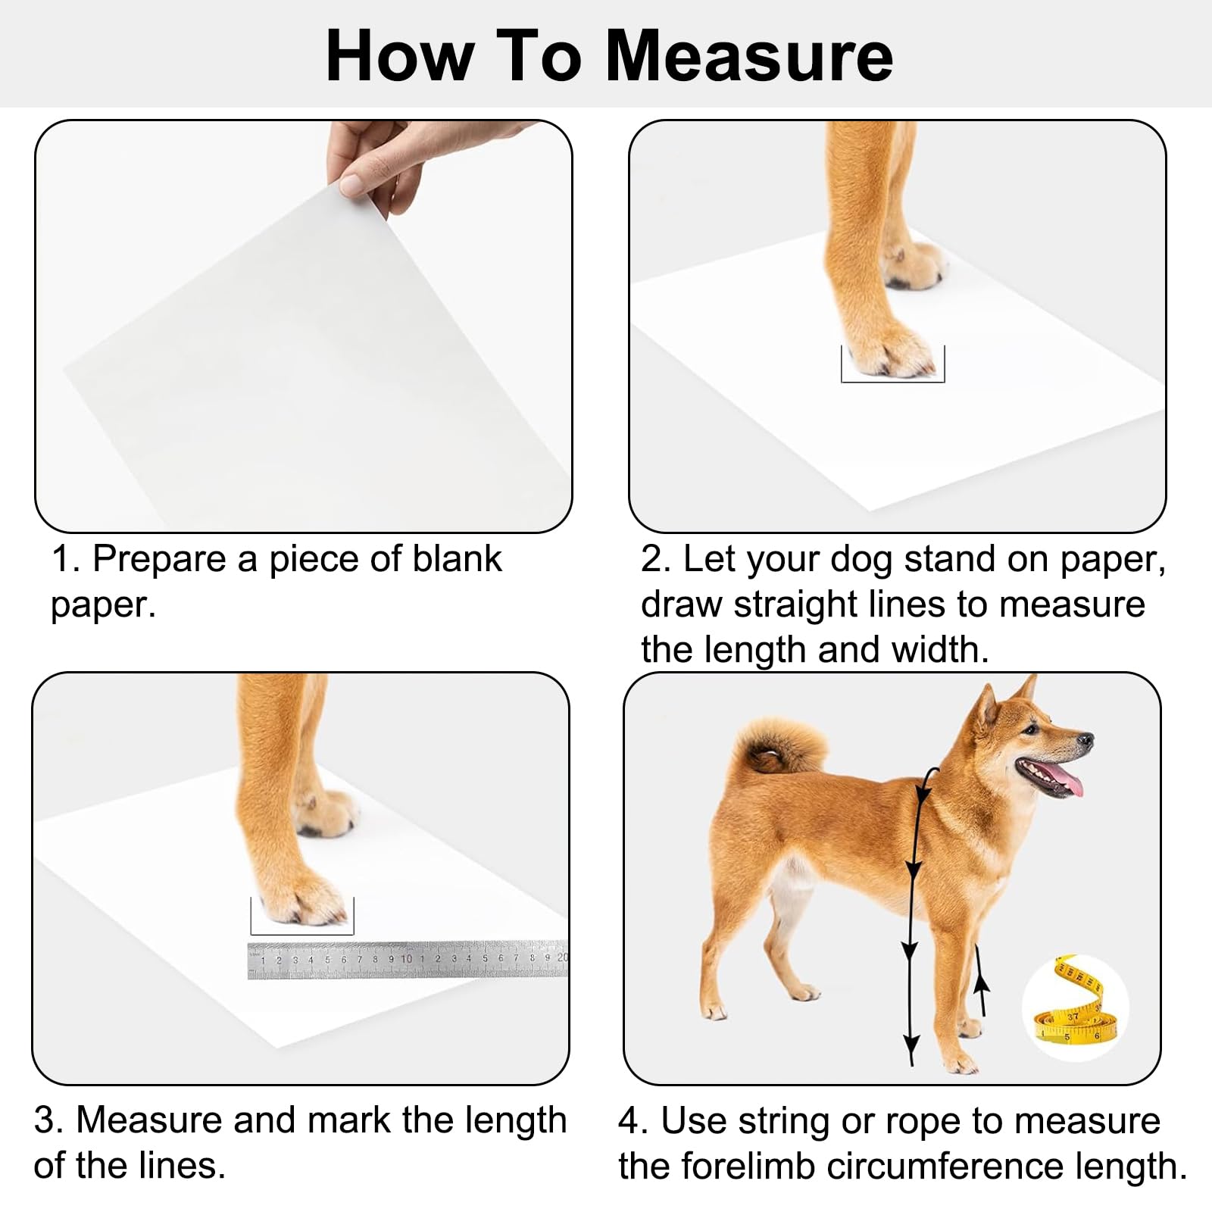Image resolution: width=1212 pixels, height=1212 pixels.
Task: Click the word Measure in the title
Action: [x=749, y=57]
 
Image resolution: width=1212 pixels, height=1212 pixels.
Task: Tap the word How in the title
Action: [x=399, y=57]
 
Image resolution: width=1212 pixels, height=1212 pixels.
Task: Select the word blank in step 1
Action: [x=457, y=559]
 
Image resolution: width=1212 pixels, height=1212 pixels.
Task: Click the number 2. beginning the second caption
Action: [x=656, y=559]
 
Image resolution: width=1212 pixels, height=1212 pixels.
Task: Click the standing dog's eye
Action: [x=1032, y=729]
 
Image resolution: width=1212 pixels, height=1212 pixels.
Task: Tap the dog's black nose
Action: [x=1087, y=739]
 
